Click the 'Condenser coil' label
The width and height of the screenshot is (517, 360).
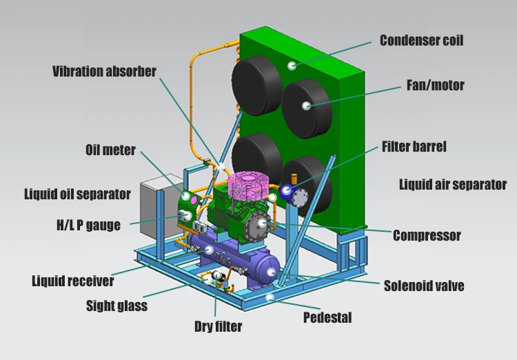[x=421, y=40]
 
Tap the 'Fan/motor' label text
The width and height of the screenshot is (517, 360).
[x=434, y=86]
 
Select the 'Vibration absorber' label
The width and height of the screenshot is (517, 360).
[x=105, y=71]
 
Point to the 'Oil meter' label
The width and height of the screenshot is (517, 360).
[x=110, y=150]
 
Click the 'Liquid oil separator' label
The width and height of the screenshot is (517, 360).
[x=77, y=194]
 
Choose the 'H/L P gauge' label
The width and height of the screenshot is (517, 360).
[x=88, y=225]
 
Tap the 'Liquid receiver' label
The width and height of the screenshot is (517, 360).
[x=72, y=281]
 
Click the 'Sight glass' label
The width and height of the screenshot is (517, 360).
[x=116, y=306]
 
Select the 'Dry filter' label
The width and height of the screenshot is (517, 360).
[x=218, y=326]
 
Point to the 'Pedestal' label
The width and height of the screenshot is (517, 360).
[x=327, y=318]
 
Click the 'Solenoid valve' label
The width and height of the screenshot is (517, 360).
[x=424, y=285]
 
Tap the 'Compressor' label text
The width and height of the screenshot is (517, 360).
[x=427, y=236]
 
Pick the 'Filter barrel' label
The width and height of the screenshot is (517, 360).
[x=414, y=146]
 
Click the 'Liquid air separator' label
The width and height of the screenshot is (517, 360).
[x=453, y=184]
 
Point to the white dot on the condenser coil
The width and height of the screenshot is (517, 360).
[x=292, y=66]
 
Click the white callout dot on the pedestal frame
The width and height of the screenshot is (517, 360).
[x=270, y=297]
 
